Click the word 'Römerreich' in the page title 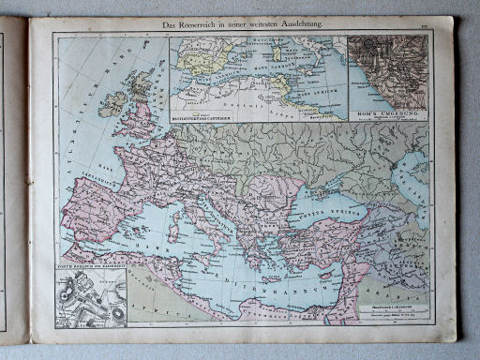click(198, 22)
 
